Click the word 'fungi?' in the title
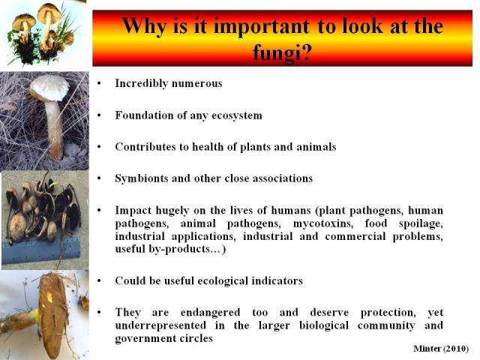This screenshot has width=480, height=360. point(282,52)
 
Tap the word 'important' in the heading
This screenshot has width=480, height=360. point(262,26)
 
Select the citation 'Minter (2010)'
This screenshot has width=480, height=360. point(441,348)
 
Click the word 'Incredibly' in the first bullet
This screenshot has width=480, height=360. point(142,83)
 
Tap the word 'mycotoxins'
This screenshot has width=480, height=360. point(323,223)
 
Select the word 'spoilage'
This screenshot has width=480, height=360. point(421,223)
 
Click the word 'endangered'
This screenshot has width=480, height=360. point(210,312)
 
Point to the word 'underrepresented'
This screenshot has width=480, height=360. point(160,325)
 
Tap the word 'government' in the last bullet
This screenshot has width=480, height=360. point(142,338)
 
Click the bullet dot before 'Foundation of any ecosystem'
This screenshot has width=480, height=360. point(99,115)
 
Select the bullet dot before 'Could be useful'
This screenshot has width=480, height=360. point(99,280)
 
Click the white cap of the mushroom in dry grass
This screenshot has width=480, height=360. point(49,88)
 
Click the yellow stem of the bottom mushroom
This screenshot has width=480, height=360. point(34,316)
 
